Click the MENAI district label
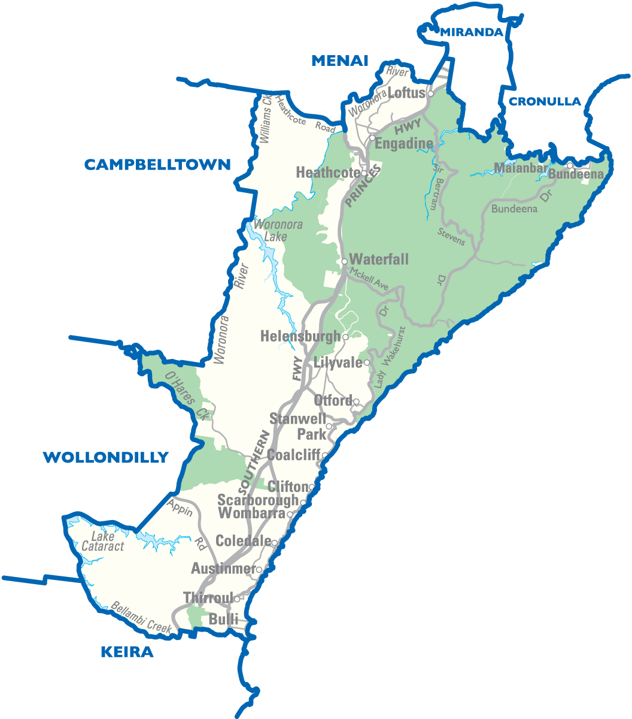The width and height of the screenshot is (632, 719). pyautogui.click(x=339, y=61)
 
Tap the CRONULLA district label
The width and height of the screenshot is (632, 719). pyautogui.click(x=545, y=102)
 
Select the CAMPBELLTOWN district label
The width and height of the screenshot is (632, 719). pyautogui.click(x=157, y=165)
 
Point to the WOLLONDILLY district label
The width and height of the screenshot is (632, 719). pyautogui.click(x=105, y=458)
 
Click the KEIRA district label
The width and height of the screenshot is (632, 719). pyautogui.click(x=127, y=652)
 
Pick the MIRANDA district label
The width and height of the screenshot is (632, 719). pyautogui.click(x=472, y=32)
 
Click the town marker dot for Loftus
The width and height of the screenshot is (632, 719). pyautogui.click(x=430, y=93)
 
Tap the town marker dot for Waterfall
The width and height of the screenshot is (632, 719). pyautogui.click(x=344, y=261)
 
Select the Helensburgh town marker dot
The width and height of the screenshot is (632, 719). pyautogui.click(x=345, y=337)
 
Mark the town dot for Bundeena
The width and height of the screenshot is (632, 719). pyautogui.click(x=570, y=165)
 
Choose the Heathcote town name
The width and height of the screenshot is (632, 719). pyautogui.click(x=327, y=173)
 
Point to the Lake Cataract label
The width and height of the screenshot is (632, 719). pyautogui.click(x=102, y=542)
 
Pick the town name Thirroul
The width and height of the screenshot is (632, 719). pyautogui.click(x=208, y=598)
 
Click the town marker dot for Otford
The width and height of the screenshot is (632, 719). pyautogui.click(x=356, y=401)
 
